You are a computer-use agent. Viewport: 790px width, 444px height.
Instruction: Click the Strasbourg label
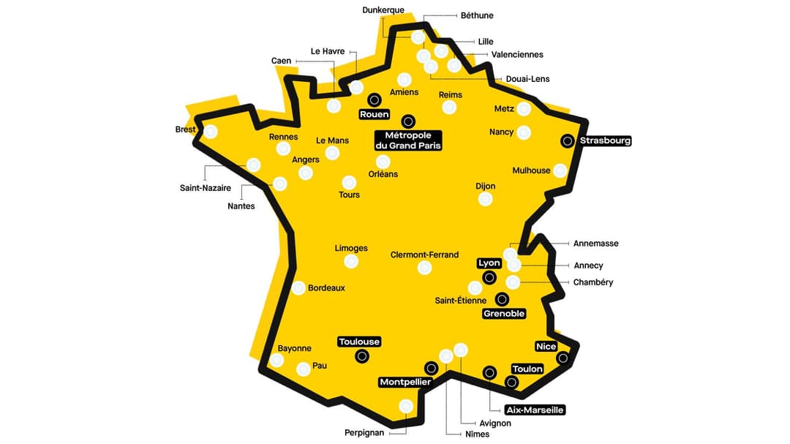click(x=605, y=140)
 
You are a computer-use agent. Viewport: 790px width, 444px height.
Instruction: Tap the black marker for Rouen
click(x=375, y=99)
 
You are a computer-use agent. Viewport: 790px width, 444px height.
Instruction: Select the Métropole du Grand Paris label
click(x=408, y=140)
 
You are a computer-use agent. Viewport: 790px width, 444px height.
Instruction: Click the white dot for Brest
click(x=211, y=132)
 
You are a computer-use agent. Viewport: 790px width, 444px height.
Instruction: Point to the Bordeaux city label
click(x=326, y=288)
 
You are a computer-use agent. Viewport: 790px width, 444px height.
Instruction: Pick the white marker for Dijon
click(x=486, y=199)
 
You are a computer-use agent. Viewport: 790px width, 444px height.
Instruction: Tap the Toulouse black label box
click(x=359, y=342)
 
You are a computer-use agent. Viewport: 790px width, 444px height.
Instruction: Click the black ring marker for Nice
click(x=563, y=358)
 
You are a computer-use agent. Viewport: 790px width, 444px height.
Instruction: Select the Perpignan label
click(x=364, y=432)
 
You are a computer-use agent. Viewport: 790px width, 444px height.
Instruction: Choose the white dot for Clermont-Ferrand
click(x=424, y=268)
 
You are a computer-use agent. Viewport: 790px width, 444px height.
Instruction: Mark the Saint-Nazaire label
click(x=206, y=188)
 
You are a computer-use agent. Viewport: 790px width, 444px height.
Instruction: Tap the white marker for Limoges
click(x=351, y=261)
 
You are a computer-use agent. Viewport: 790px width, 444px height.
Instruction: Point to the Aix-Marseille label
click(x=535, y=410)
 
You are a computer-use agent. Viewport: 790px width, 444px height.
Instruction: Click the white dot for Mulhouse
click(x=560, y=170)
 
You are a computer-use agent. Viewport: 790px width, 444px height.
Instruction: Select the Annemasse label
click(x=595, y=244)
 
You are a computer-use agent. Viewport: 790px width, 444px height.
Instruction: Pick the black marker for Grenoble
click(x=502, y=298)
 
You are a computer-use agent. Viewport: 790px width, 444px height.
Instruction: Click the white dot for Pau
click(x=303, y=369)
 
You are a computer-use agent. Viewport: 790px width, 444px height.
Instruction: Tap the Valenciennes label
click(x=517, y=55)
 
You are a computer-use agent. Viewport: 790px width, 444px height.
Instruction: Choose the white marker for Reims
click(x=449, y=108)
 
